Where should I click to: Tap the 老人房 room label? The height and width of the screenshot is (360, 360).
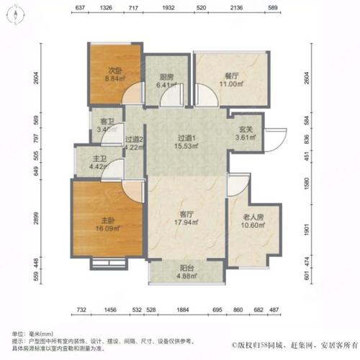tap(248, 217)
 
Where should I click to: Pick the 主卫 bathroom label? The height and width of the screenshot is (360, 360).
tap(88, 161)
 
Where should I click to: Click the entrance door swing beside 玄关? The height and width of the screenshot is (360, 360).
tap(274, 137)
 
